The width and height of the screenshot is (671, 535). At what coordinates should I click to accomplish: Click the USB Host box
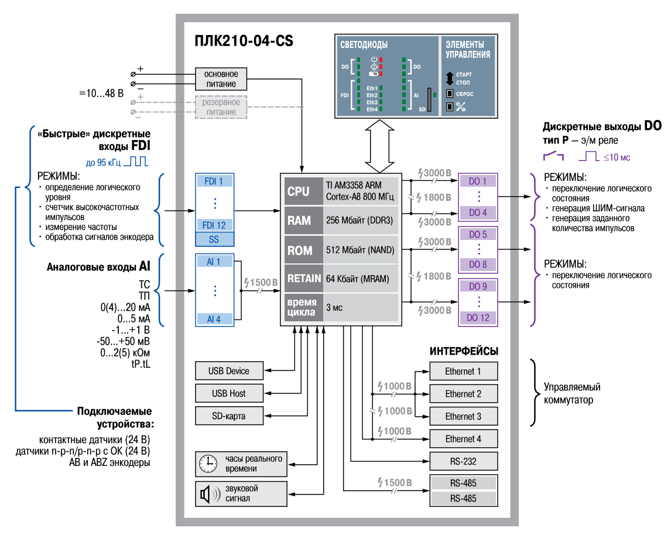pyautogui.click(x=229, y=393)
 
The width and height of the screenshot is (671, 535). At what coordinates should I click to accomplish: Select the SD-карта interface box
pyautogui.click(x=229, y=416)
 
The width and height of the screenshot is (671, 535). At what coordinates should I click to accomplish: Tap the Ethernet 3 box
pyautogui.click(x=464, y=416)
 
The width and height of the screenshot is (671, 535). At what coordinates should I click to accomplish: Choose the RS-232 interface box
pyautogui.click(x=464, y=461)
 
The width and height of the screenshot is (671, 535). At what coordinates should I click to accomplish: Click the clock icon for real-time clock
pyautogui.click(x=208, y=464)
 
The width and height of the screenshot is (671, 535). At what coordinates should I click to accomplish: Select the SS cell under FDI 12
pyautogui.click(x=214, y=239)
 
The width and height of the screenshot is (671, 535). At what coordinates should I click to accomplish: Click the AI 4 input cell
pyautogui.click(x=214, y=319)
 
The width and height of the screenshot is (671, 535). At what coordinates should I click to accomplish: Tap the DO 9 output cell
pyautogui.click(x=478, y=286)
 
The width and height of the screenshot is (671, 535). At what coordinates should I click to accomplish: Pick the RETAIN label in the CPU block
pyautogui.click(x=304, y=279)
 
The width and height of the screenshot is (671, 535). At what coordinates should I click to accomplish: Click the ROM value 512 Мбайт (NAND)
pyautogui.click(x=360, y=250)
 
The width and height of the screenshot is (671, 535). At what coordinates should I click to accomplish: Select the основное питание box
pyautogui.click(x=221, y=78)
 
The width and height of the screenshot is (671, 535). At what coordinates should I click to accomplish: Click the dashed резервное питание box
pyautogui.click(x=221, y=107)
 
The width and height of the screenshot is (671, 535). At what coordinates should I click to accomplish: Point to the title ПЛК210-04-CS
pyautogui.click(x=244, y=40)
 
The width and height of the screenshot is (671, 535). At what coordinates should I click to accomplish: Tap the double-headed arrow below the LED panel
pyautogui.click(x=379, y=146)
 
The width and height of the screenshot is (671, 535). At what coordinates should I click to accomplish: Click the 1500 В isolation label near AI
pyautogui.click(x=261, y=283)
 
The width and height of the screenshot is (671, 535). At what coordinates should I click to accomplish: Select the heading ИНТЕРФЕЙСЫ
pyautogui.click(x=464, y=351)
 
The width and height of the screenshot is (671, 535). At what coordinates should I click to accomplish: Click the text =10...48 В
pyautogui.click(x=101, y=93)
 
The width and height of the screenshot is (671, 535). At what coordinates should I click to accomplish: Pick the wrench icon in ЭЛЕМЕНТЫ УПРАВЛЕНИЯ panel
pyautogui.click(x=460, y=107)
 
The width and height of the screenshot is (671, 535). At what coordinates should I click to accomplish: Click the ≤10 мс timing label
pyautogui.click(x=617, y=158)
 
